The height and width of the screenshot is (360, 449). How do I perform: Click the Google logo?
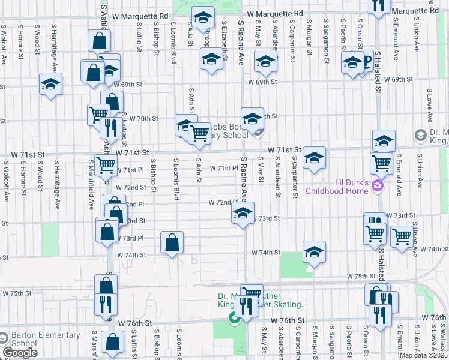[x=20, y=353]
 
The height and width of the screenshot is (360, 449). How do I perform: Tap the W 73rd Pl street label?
[x=131, y=238]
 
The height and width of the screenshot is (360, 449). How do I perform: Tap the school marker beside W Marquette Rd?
[x=203, y=19]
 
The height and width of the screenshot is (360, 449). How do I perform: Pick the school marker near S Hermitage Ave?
[x=50, y=85]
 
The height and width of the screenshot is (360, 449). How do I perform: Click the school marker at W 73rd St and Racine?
[x=242, y=214]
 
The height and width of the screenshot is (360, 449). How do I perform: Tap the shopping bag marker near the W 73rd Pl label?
[x=172, y=243]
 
